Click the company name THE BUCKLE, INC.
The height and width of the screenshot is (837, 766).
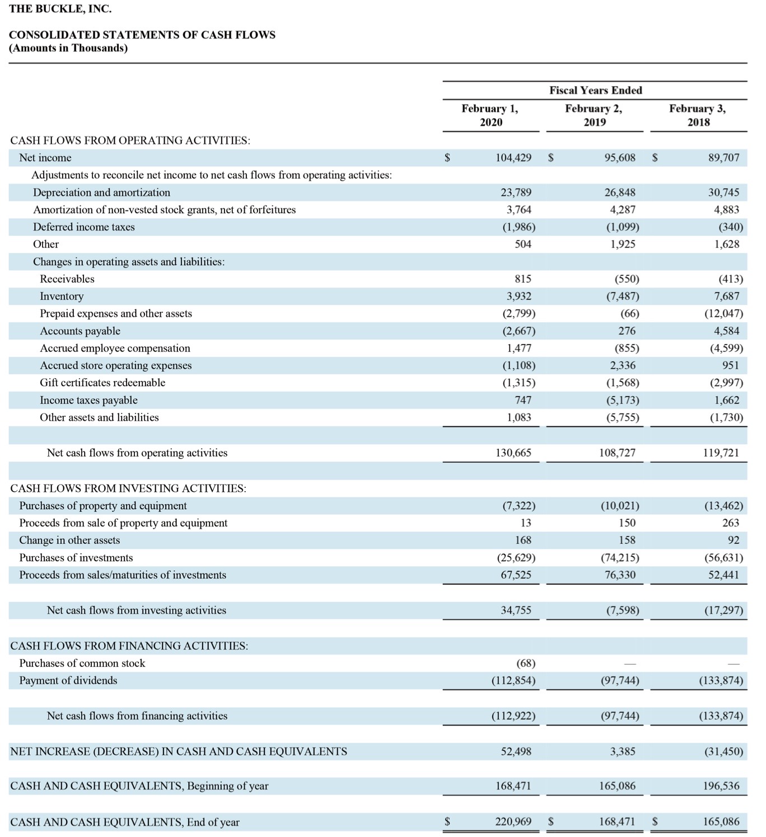(x=60, y=9)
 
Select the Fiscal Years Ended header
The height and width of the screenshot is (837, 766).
(x=596, y=90)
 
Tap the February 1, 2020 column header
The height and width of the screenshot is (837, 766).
(x=491, y=115)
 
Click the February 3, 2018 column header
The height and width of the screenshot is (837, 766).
(x=698, y=115)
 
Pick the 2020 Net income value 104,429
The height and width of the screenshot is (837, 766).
(x=513, y=158)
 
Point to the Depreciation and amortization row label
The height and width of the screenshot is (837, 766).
(x=101, y=192)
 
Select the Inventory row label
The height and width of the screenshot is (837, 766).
(x=62, y=296)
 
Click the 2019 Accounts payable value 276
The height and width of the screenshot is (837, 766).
(x=627, y=331)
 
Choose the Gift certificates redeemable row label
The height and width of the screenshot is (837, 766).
(x=102, y=383)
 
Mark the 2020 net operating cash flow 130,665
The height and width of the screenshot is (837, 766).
(x=513, y=453)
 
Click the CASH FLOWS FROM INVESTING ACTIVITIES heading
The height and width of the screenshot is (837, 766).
(x=128, y=488)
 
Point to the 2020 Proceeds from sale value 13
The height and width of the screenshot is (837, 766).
(x=526, y=523)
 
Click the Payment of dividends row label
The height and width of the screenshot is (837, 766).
(x=68, y=680)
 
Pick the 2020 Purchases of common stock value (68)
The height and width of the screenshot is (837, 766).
(x=526, y=663)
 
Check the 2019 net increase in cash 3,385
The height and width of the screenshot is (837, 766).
(x=623, y=751)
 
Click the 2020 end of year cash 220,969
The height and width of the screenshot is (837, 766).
(x=513, y=821)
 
